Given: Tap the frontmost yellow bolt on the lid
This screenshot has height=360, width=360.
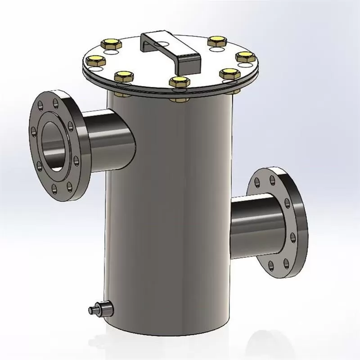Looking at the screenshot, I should (x=179, y=81).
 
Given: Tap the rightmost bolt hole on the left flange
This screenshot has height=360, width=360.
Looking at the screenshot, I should (x=75, y=159).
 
